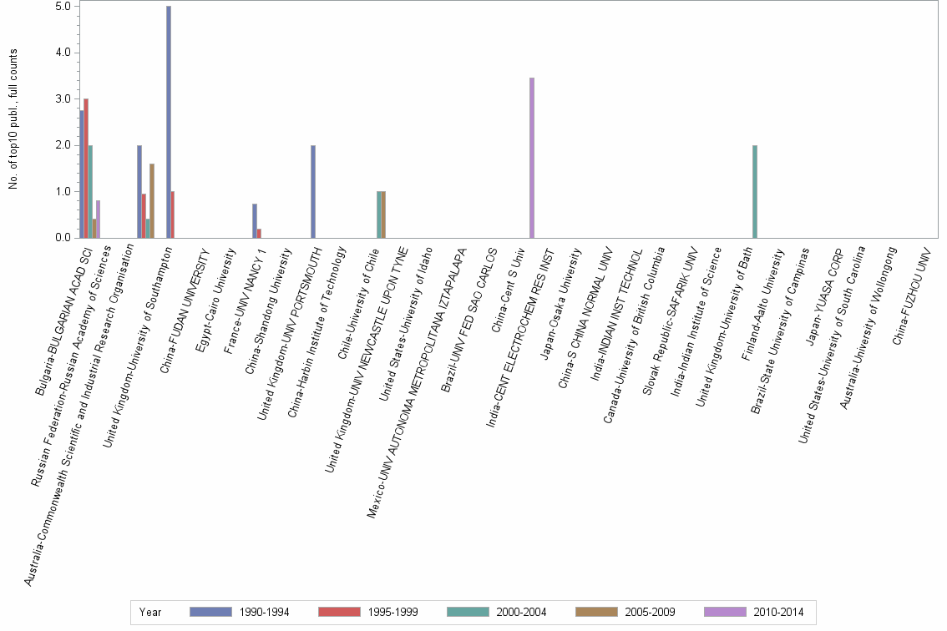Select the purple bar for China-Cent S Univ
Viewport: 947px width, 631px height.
coord(532,158)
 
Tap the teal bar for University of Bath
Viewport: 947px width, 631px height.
coord(755,192)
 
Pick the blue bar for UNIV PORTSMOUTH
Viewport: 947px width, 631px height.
coord(313,192)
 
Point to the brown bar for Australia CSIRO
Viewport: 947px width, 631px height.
coord(152,201)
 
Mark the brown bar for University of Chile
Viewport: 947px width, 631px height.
coord(383,215)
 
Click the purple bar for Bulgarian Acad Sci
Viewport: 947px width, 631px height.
coord(99,220)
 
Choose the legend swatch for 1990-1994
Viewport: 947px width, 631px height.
coord(211,612)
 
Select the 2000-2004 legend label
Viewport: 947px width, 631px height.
coord(521,612)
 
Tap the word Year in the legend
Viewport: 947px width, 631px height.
coord(150,612)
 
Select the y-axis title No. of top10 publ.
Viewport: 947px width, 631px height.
coord(13,119)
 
